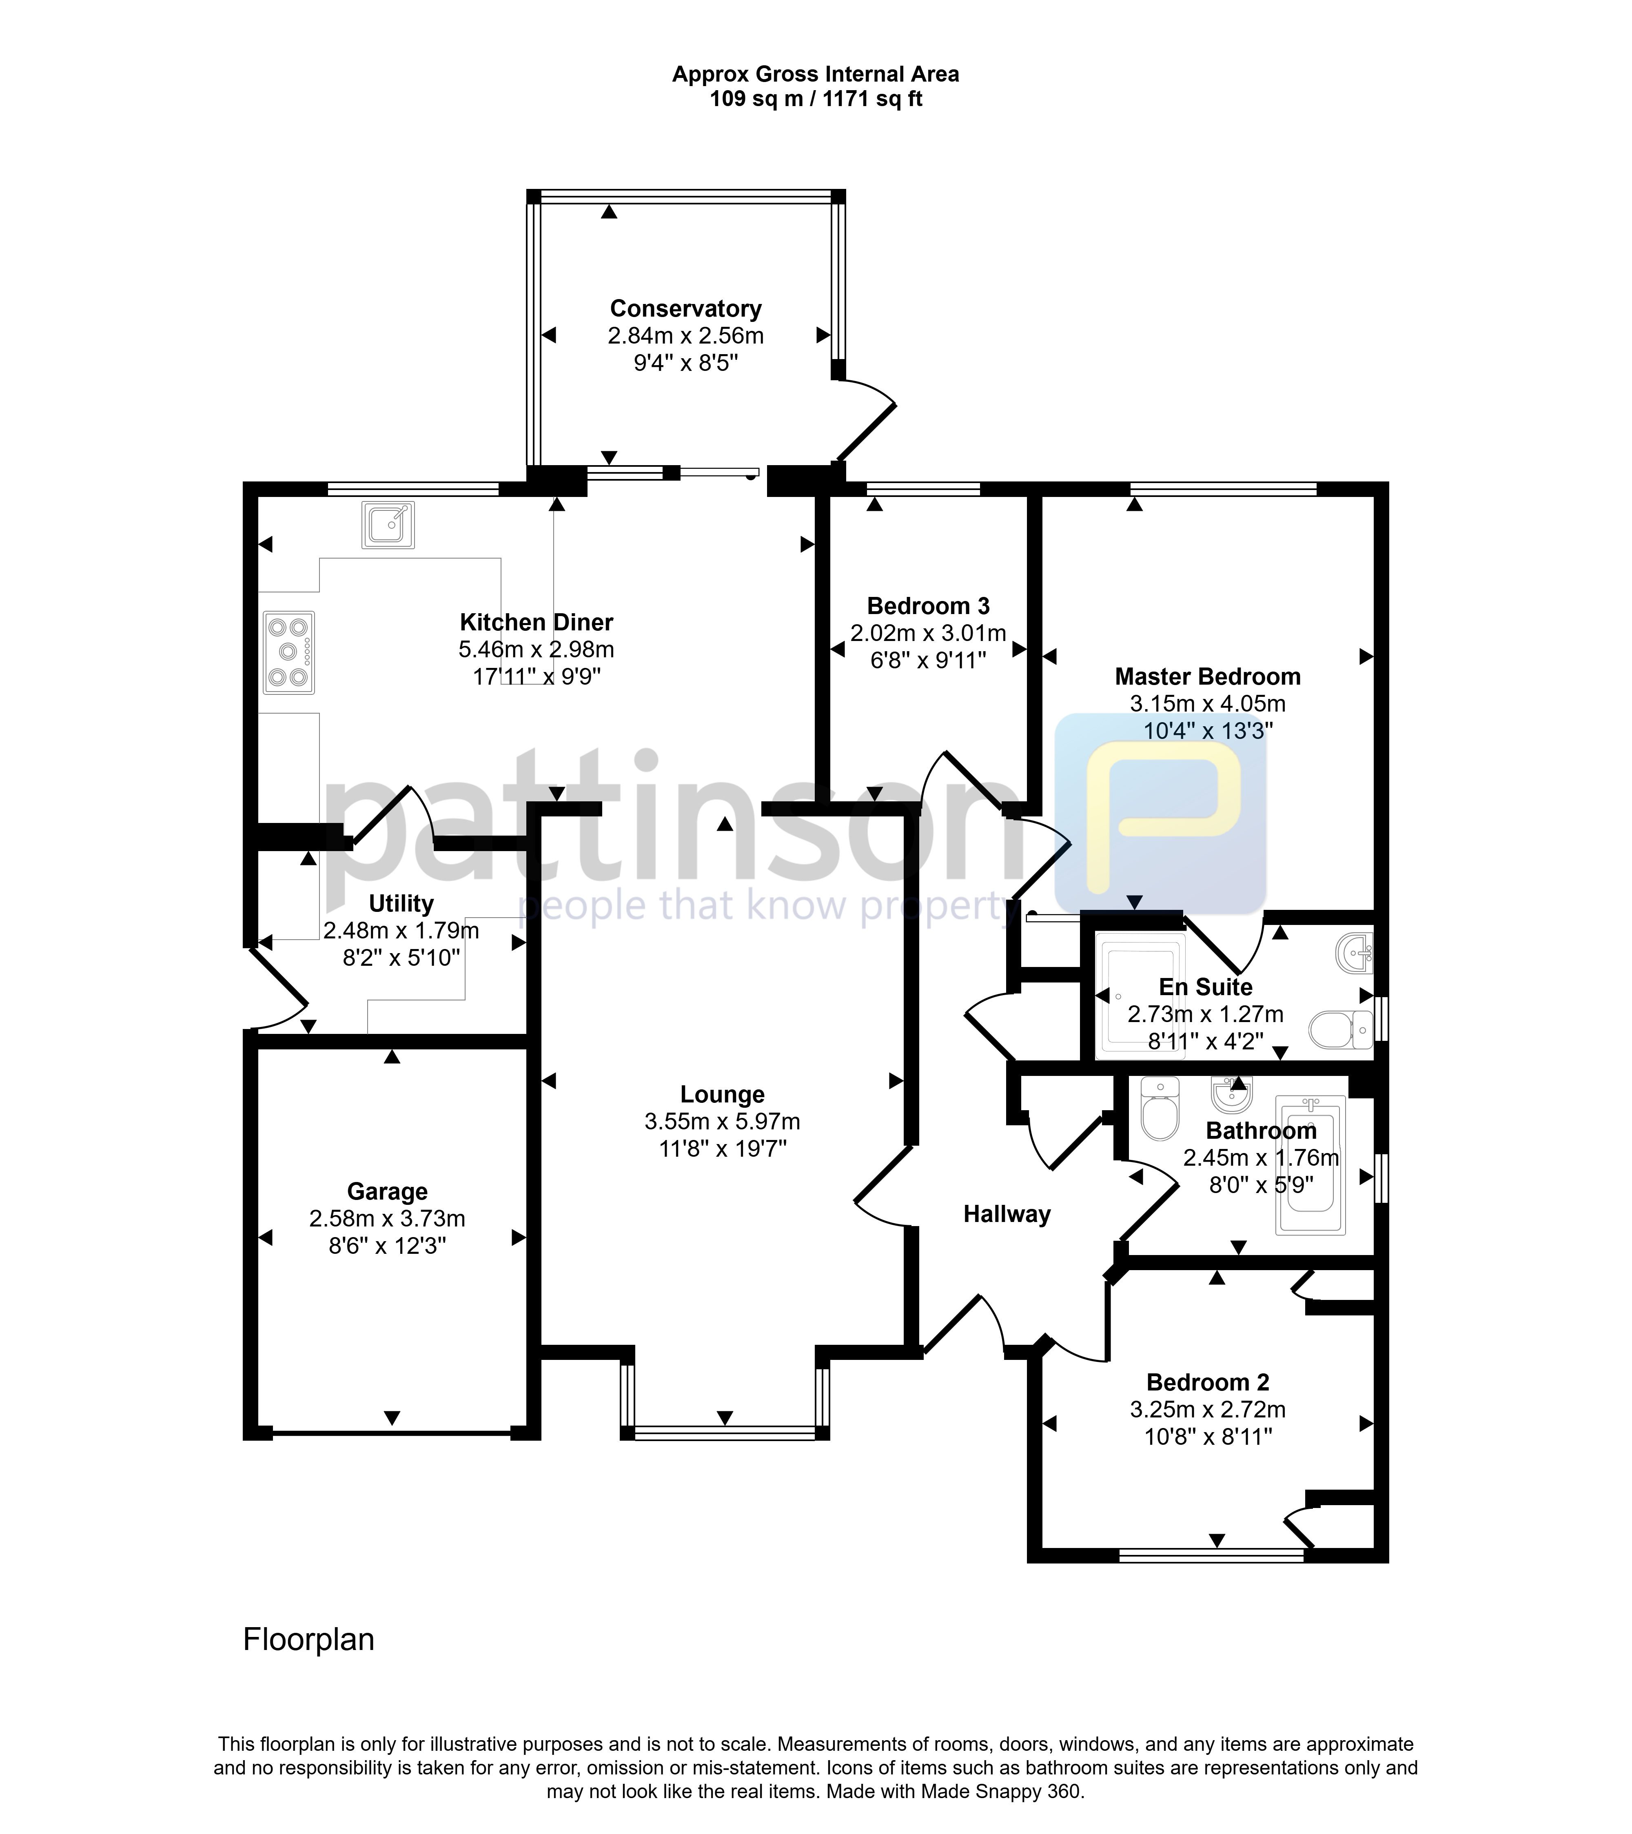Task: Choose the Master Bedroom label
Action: click(x=1208, y=676)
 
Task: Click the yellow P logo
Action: click(x=1161, y=814)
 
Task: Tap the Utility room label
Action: click(x=401, y=904)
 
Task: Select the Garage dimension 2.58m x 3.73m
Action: click(x=388, y=1218)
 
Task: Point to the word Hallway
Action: click(x=1007, y=1215)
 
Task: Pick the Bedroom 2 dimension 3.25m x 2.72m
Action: click(x=1208, y=1410)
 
